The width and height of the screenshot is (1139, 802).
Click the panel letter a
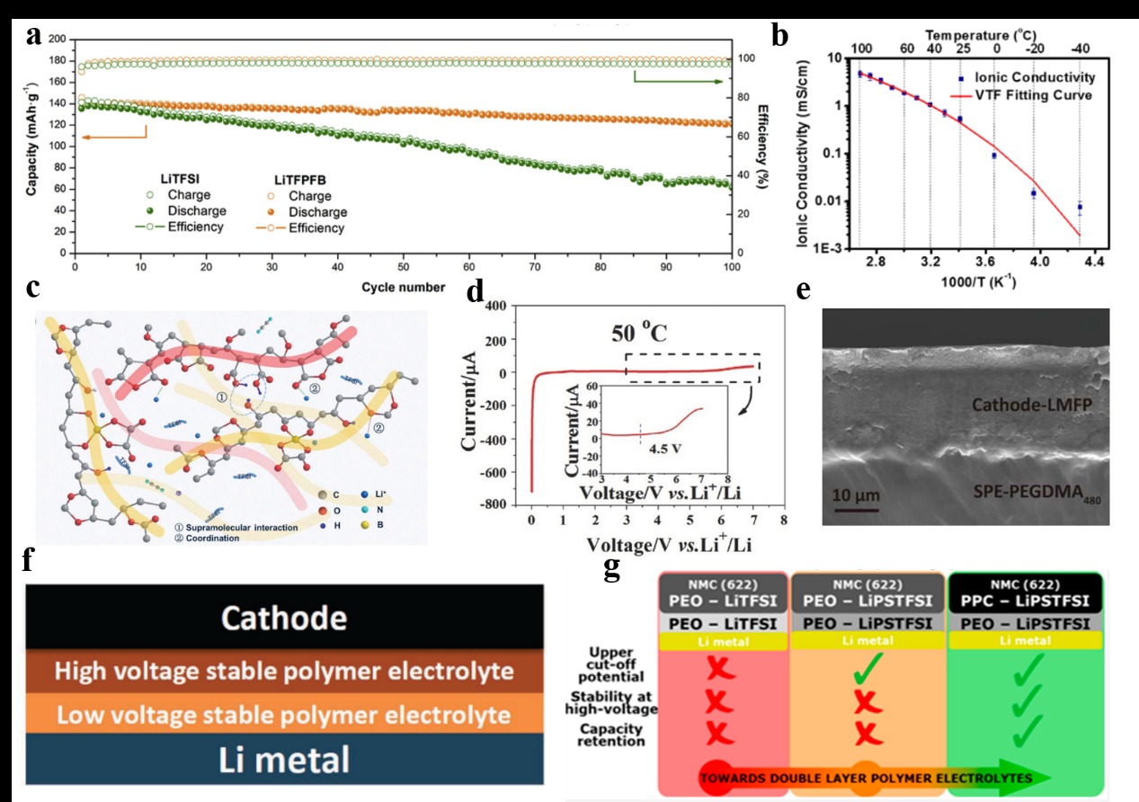tap(34, 35)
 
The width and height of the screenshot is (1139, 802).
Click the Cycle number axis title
tap(404, 287)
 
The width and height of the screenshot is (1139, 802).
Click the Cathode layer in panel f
tap(284, 618)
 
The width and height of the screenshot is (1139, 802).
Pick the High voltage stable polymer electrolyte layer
tap(284, 671)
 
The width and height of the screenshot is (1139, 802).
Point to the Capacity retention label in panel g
tap(611, 735)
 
